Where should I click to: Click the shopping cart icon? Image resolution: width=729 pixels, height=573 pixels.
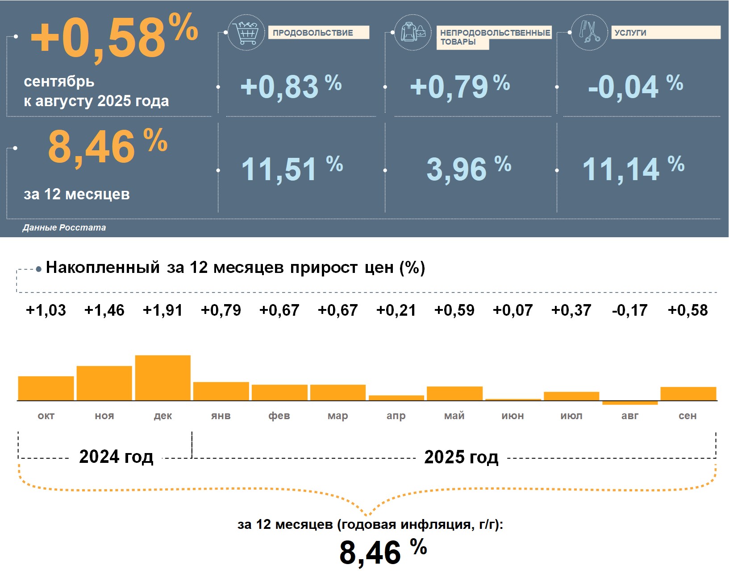point(246,32)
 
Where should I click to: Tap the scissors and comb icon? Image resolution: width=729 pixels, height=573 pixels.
point(589,32)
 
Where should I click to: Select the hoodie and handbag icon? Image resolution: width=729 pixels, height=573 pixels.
point(413,32)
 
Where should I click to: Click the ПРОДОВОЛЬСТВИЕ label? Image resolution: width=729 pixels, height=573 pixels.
point(318,33)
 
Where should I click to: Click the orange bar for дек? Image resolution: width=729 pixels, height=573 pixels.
point(162,378)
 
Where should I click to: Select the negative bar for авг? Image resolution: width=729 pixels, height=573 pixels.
point(630,403)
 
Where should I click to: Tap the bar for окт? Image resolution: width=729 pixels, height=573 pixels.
point(46,388)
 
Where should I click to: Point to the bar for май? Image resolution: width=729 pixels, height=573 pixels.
point(454,393)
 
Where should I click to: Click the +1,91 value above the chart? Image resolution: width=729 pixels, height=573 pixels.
point(162,310)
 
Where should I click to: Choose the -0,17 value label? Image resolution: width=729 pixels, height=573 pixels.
point(629,310)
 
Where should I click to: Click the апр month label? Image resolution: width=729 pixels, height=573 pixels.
point(396,416)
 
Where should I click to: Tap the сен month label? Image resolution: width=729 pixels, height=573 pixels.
point(687,416)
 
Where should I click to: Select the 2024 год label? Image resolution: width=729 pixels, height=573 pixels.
point(116,457)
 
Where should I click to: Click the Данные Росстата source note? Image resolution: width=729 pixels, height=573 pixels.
point(64,227)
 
